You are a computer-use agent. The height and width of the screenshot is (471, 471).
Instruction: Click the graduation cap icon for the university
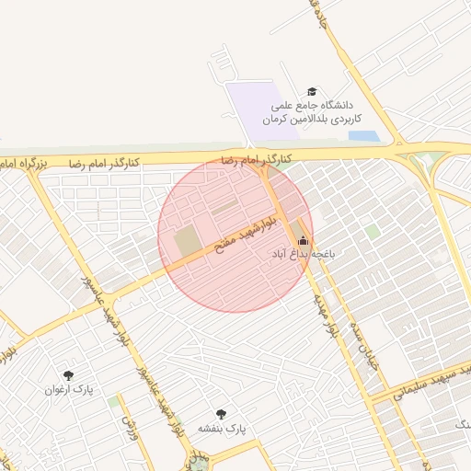313,92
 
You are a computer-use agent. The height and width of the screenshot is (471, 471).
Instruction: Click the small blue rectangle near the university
363,136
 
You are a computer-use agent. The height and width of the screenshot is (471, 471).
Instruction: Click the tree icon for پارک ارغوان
67,374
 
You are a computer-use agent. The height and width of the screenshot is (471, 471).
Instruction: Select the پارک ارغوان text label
64,389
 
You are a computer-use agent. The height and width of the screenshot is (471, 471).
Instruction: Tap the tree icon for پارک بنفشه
221,414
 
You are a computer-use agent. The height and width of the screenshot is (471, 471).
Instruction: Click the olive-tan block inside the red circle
188,242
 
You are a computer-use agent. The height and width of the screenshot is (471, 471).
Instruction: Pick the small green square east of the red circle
372,231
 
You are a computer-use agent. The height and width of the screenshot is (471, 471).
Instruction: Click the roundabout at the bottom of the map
197,463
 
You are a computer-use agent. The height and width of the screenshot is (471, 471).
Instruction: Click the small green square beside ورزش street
113,402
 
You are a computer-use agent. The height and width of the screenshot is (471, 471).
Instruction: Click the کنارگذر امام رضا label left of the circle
104,163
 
